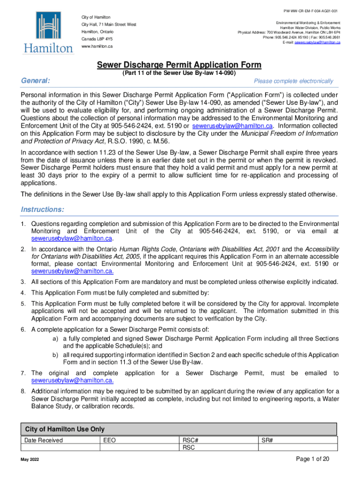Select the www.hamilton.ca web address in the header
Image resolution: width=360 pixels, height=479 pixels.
[97, 47]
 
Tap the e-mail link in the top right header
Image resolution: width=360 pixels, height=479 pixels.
[317, 43]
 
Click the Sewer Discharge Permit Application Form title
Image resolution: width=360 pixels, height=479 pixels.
[179, 65]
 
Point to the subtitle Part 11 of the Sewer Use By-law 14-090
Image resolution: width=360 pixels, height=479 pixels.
[179, 73]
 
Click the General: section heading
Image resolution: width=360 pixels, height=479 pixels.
[36, 81]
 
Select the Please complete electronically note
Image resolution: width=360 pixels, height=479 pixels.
[293, 81]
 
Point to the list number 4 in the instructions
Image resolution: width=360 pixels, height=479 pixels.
[22, 293]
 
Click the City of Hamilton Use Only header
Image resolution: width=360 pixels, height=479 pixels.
[65, 429]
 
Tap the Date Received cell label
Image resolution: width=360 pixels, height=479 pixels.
[43, 440]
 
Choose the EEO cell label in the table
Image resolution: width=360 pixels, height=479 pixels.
[108, 440]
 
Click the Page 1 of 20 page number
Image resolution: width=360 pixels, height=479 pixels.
[313, 459]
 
